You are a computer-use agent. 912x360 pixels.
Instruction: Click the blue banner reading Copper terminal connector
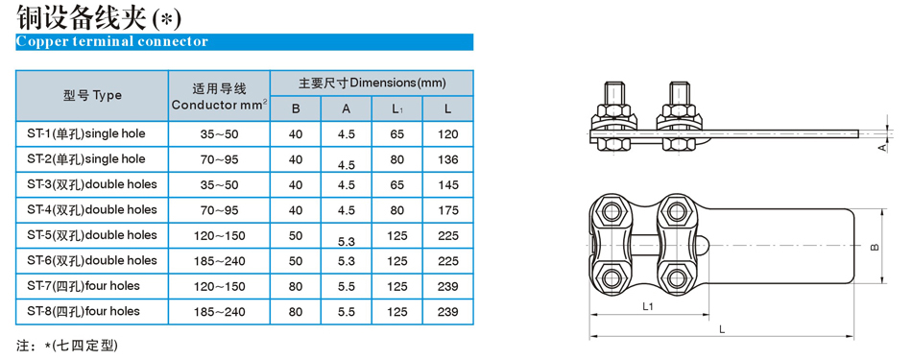244,42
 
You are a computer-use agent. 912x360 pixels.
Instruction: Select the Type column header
92,95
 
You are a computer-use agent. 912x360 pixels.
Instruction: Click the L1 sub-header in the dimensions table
397,109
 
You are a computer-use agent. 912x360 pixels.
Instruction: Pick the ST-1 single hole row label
86,133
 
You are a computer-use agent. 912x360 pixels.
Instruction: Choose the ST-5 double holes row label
92,235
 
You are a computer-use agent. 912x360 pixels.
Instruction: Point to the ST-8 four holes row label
84,311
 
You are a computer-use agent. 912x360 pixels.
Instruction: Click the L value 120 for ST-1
448,134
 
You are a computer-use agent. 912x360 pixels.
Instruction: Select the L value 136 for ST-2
448,159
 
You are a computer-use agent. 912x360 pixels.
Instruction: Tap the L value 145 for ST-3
448,185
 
